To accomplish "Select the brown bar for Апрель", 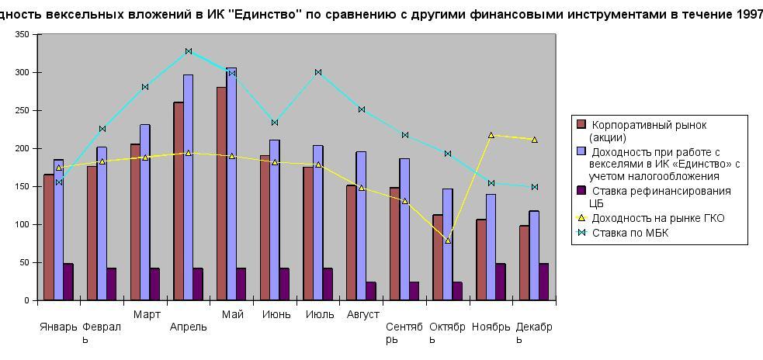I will point(179,202).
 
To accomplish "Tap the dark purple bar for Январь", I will point(68,282).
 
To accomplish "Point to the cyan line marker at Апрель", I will point(189,51).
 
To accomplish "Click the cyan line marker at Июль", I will point(318,72).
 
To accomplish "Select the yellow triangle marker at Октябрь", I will point(448,241).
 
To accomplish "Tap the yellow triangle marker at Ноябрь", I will point(491,135).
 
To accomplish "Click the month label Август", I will point(362,314).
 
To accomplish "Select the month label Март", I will point(147,314).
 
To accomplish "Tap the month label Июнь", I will point(276,314).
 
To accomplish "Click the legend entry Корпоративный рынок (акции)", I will point(649,131).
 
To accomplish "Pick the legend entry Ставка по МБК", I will point(629,233).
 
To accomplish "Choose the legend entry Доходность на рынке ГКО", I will point(657,218).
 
